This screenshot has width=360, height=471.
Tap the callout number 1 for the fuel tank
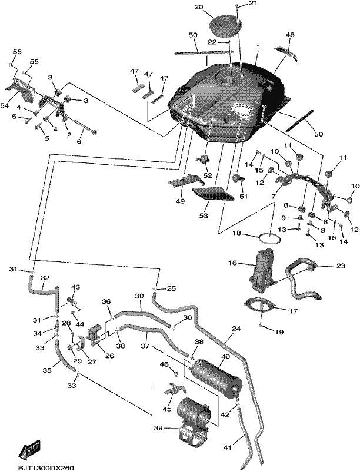coord(258,47)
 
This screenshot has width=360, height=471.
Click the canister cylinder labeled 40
coord(215,377)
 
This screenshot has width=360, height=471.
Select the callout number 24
coord(236,329)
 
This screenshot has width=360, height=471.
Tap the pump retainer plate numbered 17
coord(261,305)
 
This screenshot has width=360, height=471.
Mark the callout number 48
coord(290,35)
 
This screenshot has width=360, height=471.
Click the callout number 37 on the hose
coord(145,346)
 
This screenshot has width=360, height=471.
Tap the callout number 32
coord(45,278)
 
